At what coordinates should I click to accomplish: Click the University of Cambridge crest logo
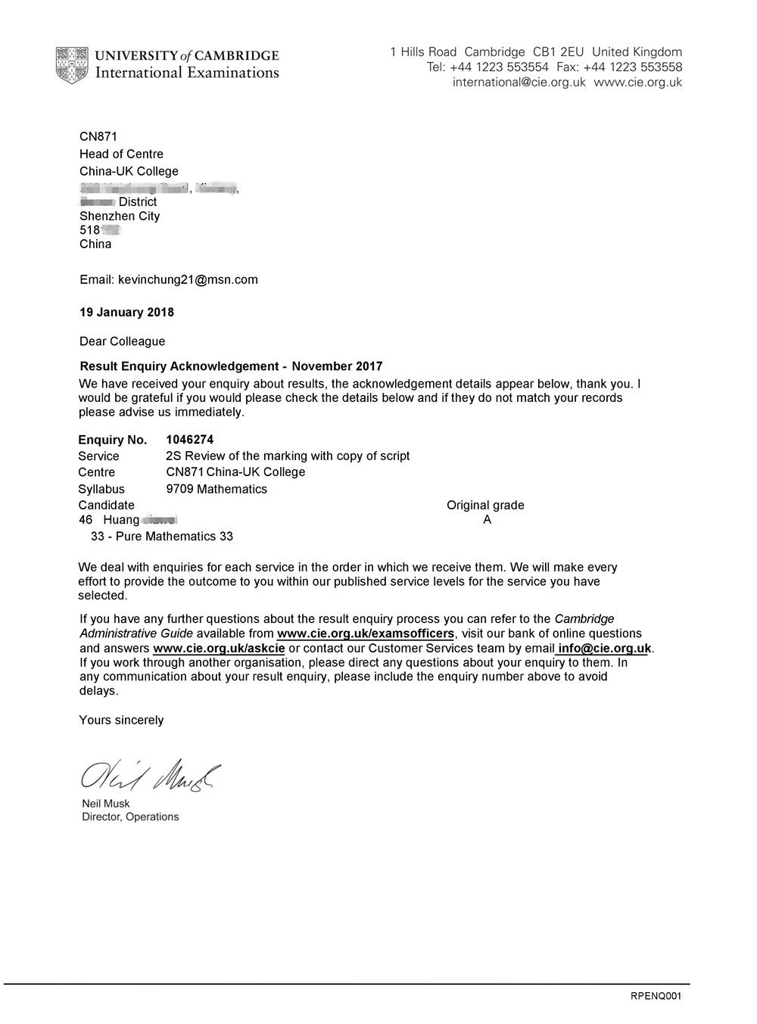pyautogui.click(x=71, y=65)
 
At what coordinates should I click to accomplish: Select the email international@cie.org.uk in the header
pyautogui.click(x=519, y=82)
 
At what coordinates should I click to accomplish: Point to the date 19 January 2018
pyautogui.click(x=126, y=312)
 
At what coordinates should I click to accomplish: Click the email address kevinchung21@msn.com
pyautogui.click(x=188, y=279)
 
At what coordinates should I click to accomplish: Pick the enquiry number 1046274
pyautogui.click(x=190, y=439)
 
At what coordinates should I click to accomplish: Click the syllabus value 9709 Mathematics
pyautogui.click(x=217, y=489)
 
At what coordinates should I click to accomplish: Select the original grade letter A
pyautogui.click(x=487, y=520)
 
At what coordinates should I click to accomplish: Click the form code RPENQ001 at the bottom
pyautogui.click(x=656, y=996)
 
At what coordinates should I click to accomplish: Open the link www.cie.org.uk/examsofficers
pyautogui.click(x=366, y=633)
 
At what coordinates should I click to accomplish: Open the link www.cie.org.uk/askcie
pyautogui.click(x=219, y=648)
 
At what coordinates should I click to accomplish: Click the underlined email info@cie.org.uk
pyautogui.click(x=604, y=648)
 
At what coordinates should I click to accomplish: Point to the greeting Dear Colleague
pyautogui.click(x=122, y=341)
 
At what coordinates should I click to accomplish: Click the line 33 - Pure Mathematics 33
pyautogui.click(x=161, y=537)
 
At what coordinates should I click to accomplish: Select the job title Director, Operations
pyautogui.click(x=130, y=817)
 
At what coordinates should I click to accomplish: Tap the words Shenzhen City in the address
pyautogui.click(x=120, y=216)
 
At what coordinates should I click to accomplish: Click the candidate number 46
pyautogui.click(x=86, y=520)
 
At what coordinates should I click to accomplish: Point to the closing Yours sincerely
pyautogui.click(x=121, y=720)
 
